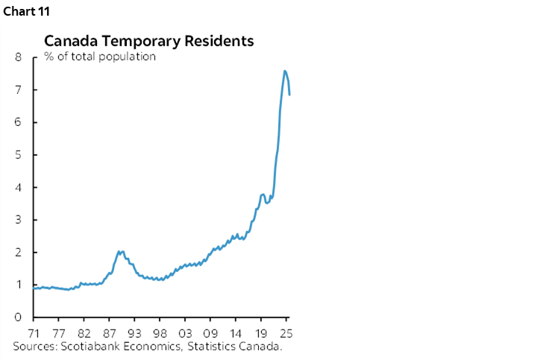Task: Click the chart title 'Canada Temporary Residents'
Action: tap(149, 41)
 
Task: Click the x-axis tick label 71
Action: tap(34, 333)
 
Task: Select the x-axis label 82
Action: tap(84, 333)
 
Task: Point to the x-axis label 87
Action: tap(109, 333)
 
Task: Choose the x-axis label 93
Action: tap(134, 333)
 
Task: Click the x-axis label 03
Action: tap(185, 333)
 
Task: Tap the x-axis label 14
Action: tap(236, 333)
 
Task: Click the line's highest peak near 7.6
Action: tap(284, 71)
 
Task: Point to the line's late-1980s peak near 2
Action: tap(119, 251)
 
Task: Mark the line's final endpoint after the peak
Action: tap(289, 95)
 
